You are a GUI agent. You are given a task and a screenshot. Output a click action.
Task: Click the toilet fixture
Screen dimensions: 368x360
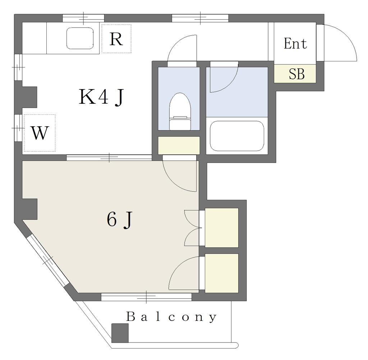click(180, 112)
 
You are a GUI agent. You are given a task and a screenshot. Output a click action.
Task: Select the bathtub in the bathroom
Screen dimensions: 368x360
click(237, 136)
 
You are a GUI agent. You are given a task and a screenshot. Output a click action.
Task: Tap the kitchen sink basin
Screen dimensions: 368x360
click(80, 38)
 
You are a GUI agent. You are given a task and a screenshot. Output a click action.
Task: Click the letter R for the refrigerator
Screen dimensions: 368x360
click(116, 39)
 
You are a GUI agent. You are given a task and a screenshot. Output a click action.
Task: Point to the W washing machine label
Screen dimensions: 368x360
click(40, 133)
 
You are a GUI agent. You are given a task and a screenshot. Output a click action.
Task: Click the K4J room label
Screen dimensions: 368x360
click(101, 97)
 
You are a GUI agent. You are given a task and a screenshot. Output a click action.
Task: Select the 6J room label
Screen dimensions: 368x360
click(120, 220)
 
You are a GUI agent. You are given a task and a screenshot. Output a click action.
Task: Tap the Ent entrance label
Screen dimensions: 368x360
click(295, 43)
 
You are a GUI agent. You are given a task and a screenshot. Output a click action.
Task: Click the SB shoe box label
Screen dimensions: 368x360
click(296, 74)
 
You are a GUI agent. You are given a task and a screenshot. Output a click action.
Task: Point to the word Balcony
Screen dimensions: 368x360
click(171, 317)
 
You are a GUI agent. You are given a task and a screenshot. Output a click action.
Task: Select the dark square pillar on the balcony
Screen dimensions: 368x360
click(120, 333)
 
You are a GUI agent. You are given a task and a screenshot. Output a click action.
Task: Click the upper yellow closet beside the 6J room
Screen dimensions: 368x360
click(222, 228)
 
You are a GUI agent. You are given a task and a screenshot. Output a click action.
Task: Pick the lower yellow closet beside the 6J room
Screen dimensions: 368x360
click(222, 273)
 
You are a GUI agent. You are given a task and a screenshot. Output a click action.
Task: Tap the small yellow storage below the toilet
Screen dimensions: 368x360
click(179, 146)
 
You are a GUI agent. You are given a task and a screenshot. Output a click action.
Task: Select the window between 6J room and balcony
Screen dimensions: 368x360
click(147, 297)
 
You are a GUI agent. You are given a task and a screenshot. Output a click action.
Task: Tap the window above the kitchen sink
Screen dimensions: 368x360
click(83, 18)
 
